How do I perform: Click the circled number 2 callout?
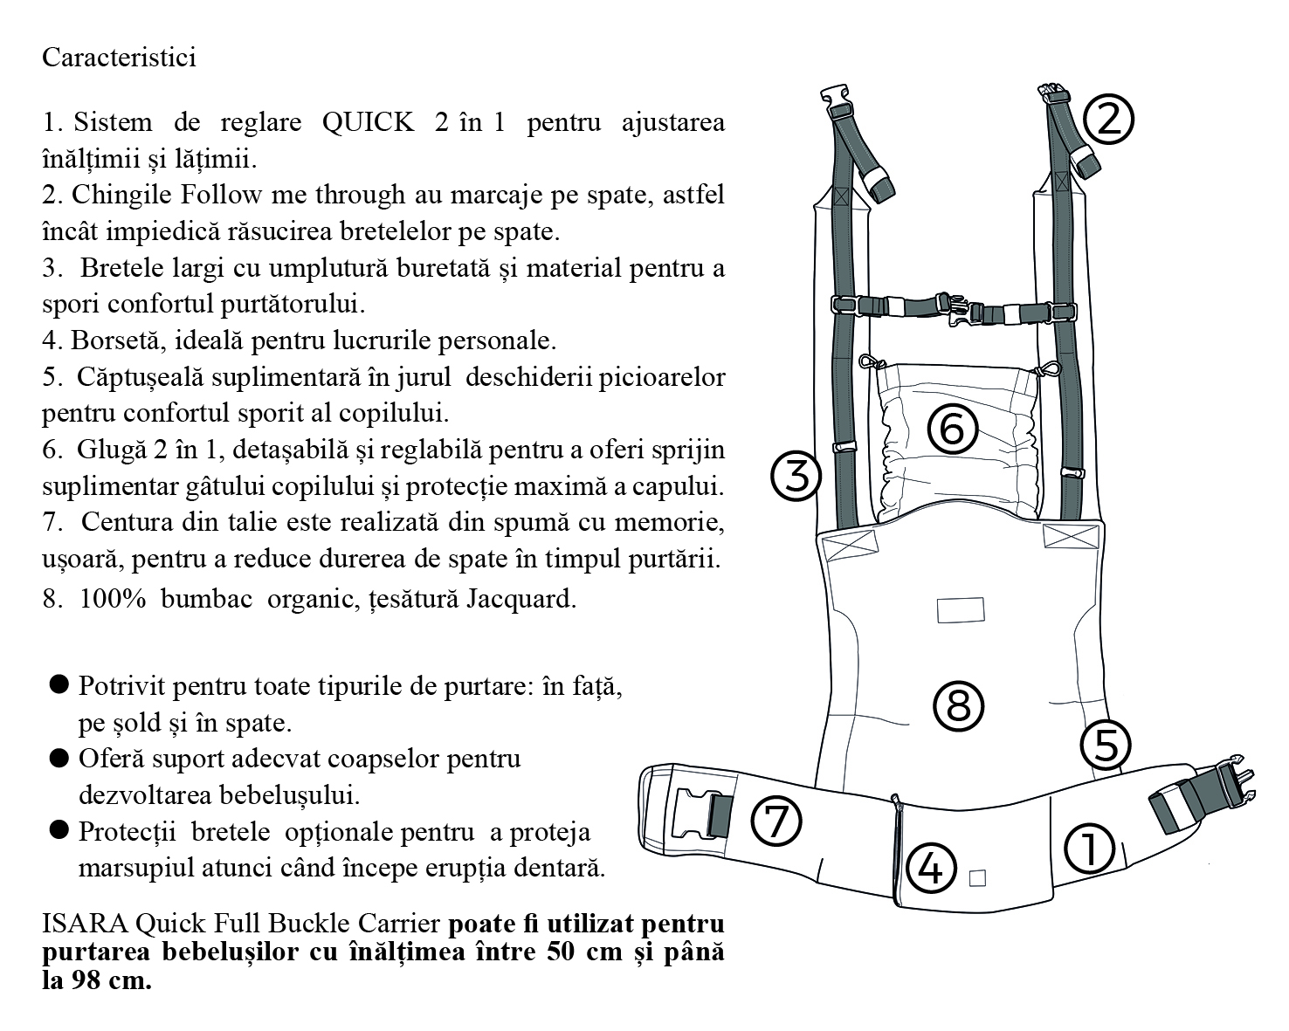tap(1107, 120)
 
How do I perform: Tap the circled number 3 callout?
tap(796, 476)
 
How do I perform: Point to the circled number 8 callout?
tap(958, 705)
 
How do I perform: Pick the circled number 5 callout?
tap(1105, 746)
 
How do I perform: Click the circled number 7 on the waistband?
tap(776, 821)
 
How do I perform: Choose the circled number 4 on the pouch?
tap(931, 868)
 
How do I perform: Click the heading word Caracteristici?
tap(119, 58)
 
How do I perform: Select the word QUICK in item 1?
tap(368, 122)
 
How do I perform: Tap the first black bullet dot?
tap(59, 684)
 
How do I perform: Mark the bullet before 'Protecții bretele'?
tap(59, 830)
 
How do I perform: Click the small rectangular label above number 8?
tap(960, 609)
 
